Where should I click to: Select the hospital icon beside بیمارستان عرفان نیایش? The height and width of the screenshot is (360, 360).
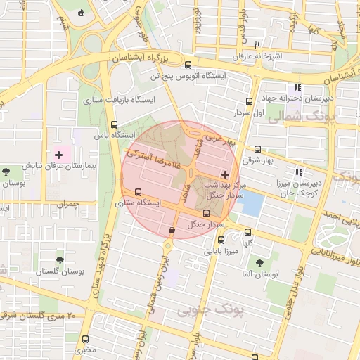click(x=58, y=153)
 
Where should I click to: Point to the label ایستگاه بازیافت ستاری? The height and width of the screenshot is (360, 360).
click(x=119, y=101)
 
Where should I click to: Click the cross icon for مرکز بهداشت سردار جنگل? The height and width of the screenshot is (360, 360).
click(x=225, y=174)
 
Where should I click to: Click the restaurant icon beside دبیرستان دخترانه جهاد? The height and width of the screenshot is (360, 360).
click(x=298, y=87)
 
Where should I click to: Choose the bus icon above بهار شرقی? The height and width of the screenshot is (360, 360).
click(x=257, y=149)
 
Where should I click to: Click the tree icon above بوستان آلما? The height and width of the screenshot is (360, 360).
click(x=260, y=262)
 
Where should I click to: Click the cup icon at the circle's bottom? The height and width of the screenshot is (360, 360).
click(x=172, y=230)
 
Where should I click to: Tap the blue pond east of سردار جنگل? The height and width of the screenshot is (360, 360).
click(x=252, y=204)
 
